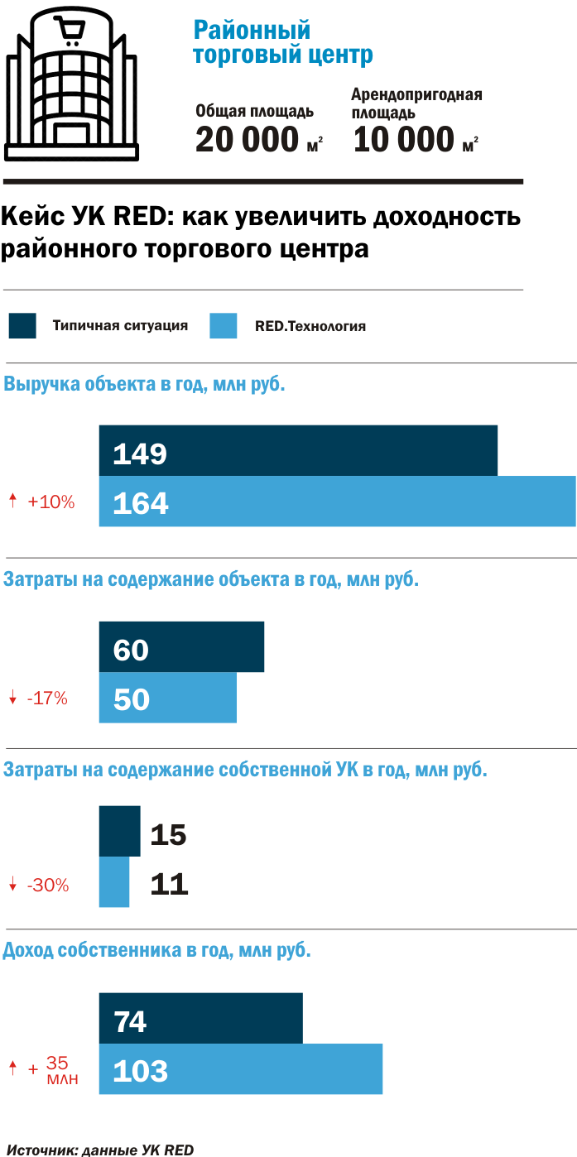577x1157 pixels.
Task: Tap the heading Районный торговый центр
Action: (282, 43)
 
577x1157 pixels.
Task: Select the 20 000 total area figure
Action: (247, 139)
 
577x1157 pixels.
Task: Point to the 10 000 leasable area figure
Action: (404, 139)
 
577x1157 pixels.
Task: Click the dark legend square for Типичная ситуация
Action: (22, 325)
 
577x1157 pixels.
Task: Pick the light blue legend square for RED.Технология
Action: (224, 325)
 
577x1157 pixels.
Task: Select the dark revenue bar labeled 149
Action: (298, 451)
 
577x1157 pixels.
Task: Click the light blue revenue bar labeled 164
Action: (337, 502)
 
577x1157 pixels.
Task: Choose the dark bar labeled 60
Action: (181, 647)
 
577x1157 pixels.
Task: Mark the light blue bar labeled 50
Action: (168, 698)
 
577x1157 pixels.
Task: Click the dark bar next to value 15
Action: (120, 831)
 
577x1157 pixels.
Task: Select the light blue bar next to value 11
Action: (114, 881)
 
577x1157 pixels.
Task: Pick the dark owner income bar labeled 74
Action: (200, 1019)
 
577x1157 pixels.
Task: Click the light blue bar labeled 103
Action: (240, 1069)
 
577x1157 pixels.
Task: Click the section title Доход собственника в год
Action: (157, 950)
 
